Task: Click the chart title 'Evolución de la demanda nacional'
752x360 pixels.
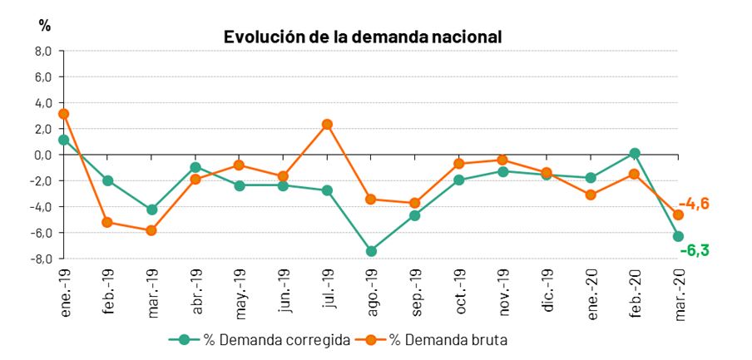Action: (x=363, y=37)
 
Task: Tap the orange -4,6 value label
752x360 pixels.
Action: (x=695, y=204)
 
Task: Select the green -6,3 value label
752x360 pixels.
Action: (x=695, y=249)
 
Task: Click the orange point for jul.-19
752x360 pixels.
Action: (x=327, y=125)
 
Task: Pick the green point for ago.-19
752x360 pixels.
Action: (x=371, y=251)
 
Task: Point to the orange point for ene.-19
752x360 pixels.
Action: (x=63, y=114)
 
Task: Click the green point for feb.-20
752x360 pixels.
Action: (x=635, y=154)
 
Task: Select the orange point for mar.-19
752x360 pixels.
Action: (x=151, y=230)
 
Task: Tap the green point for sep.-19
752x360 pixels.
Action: (x=415, y=215)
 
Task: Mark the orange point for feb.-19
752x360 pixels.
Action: (x=107, y=222)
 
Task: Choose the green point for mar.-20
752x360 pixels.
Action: (x=678, y=236)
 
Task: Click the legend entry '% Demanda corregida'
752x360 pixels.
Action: (x=260, y=340)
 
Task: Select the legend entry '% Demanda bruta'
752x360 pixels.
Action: (x=431, y=340)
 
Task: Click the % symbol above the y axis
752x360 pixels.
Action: (x=45, y=26)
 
